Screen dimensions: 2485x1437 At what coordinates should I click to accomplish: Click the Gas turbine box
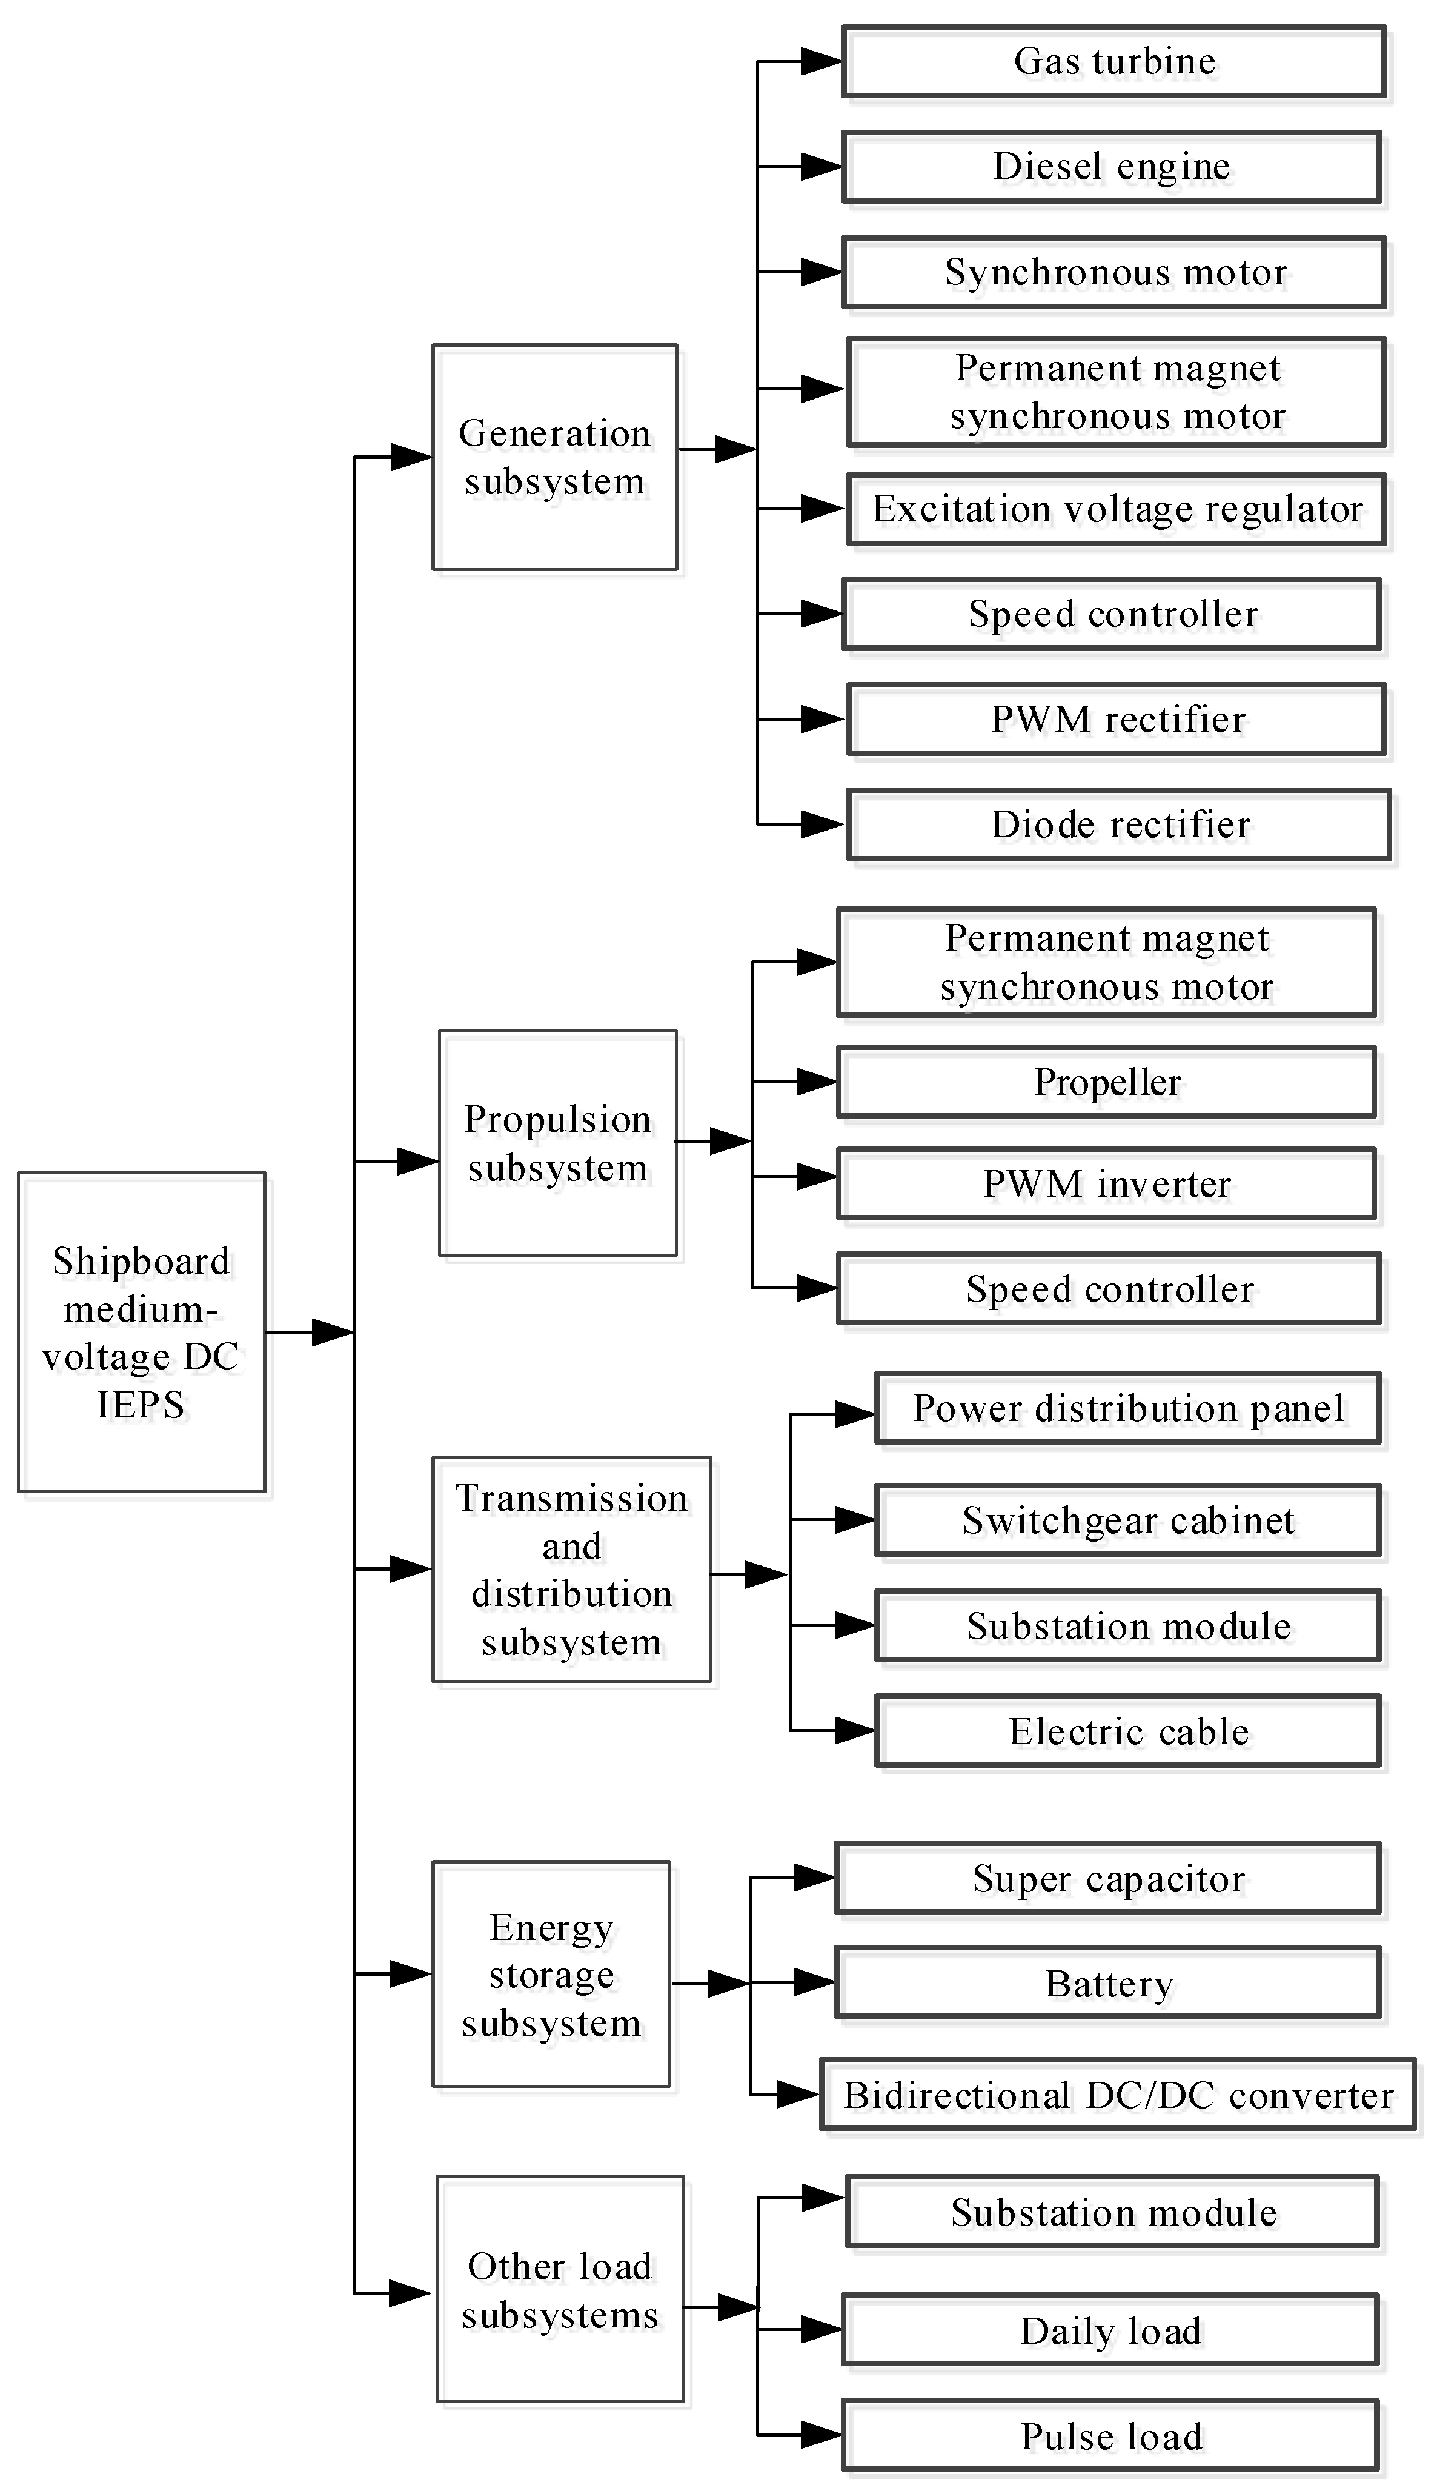[1113, 61]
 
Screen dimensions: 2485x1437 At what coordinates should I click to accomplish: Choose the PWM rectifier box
[1116, 719]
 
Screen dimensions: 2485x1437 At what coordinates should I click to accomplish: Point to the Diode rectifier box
[1119, 824]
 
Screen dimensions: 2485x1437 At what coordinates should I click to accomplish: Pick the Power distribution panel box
[1127, 1408]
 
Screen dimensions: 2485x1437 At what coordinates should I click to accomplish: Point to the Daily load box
[1110, 2331]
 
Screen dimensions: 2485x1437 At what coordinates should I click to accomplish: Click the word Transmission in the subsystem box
[571, 1499]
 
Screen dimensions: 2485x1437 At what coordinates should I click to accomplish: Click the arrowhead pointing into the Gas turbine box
[820, 61]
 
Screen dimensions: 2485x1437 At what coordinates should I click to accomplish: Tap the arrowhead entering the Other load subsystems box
[409, 2293]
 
